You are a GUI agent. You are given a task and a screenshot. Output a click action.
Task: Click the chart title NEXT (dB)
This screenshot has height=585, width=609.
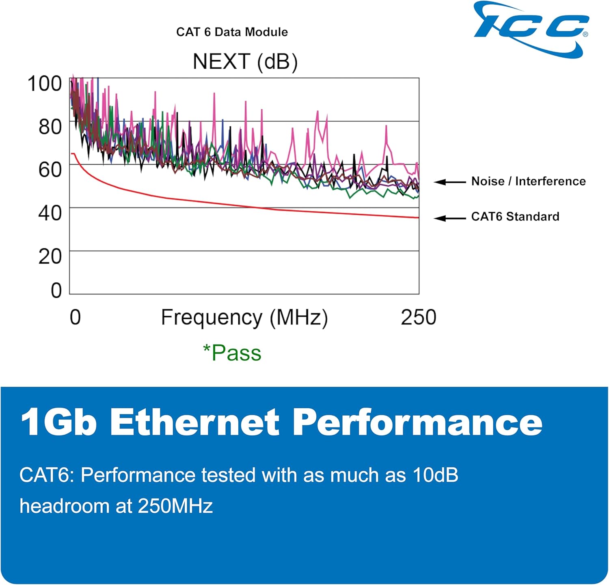coord(245,62)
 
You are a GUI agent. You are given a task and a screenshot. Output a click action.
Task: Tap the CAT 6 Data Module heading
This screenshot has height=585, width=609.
coord(232,32)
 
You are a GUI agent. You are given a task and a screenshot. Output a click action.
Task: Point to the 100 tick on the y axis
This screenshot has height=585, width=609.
coord(45,84)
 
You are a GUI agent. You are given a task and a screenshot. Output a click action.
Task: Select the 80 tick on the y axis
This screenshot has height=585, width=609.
coord(50,127)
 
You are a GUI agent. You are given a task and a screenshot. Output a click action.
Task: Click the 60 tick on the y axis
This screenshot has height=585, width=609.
coord(50,170)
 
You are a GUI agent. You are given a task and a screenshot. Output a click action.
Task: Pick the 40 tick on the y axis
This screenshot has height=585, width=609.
coord(50,213)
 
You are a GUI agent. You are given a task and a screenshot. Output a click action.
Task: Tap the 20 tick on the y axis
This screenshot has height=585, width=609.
coord(50,256)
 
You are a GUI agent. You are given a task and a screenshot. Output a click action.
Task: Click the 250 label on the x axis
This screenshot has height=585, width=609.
coord(418,317)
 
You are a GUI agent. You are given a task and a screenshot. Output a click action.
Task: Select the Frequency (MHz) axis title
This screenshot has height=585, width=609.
coord(244,318)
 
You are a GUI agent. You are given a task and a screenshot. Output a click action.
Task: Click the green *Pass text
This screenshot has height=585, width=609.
coord(232,353)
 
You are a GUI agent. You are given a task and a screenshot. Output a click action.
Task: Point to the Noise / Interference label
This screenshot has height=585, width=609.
coord(528,181)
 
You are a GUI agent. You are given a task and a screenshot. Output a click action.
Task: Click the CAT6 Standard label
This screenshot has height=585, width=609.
coord(515,217)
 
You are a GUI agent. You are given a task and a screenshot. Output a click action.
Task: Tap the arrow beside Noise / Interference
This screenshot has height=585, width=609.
coord(449,182)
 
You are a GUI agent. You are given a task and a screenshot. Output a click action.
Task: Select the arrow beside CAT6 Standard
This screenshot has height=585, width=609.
coord(449,219)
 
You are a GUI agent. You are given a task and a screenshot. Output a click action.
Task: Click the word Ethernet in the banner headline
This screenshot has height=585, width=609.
coord(194,422)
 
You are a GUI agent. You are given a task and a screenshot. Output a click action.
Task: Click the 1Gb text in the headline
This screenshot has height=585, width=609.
coord(59,422)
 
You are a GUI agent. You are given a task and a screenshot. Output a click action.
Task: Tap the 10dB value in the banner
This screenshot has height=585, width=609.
coord(435,475)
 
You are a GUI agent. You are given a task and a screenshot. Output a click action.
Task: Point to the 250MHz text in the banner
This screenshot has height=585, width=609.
coord(175,506)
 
